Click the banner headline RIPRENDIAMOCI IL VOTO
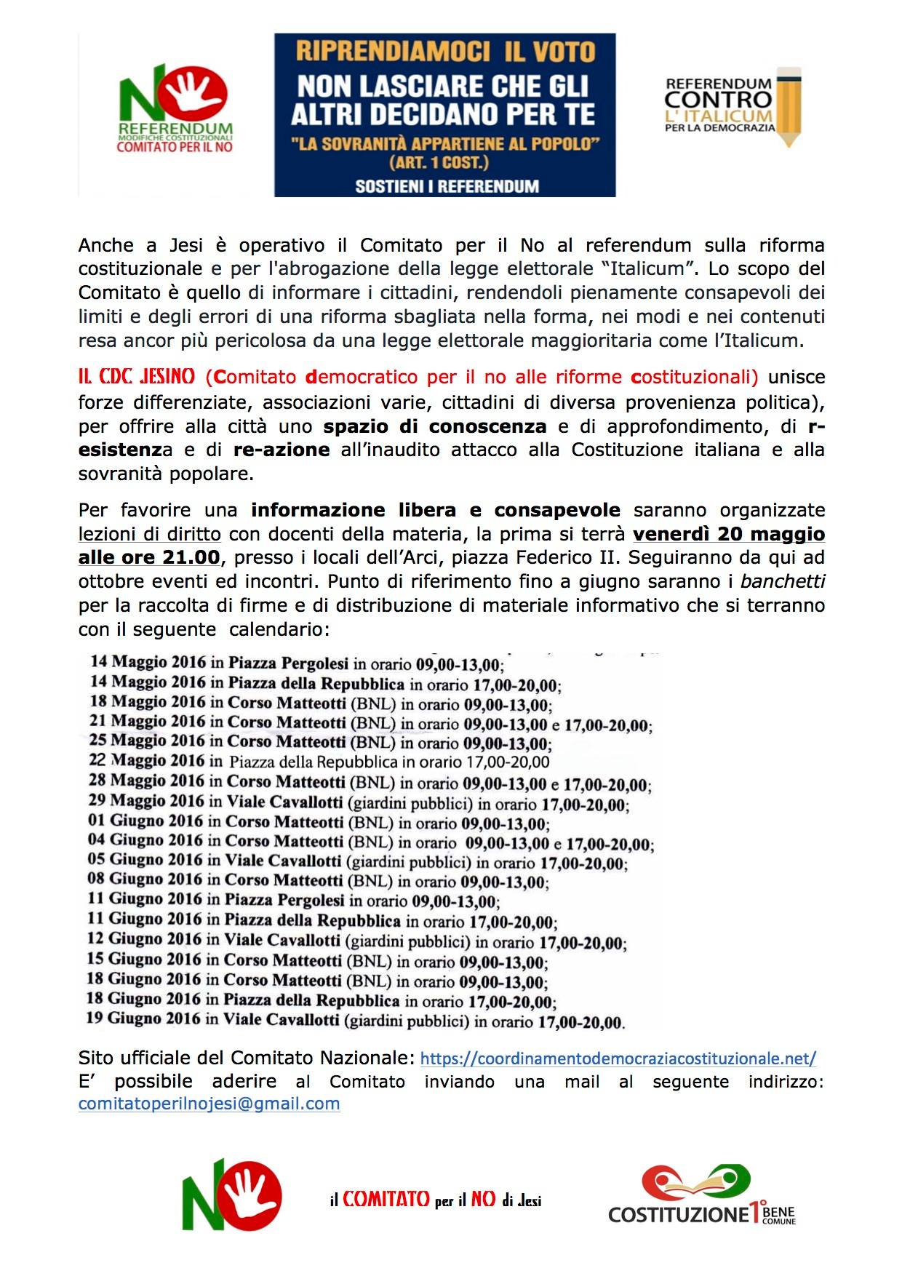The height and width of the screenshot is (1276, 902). coord(445,51)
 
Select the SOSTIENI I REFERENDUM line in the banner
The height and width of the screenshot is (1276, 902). coord(447,186)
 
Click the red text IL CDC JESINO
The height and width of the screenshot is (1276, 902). coord(137,377)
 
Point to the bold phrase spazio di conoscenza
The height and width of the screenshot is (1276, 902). coord(435,426)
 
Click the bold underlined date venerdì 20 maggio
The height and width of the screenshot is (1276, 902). coord(728,534)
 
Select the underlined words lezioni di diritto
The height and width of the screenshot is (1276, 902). coord(150,534)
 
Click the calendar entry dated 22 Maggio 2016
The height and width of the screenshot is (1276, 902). coord(319,762)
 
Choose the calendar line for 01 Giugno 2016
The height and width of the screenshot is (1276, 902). coord(319,823)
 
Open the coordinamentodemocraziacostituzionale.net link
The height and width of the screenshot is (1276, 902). coord(618,1058)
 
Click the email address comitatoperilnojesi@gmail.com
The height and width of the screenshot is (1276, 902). coord(209,1104)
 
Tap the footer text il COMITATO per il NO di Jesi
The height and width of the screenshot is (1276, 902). coord(436,1200)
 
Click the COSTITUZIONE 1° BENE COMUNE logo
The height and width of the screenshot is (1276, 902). coord(701,1196)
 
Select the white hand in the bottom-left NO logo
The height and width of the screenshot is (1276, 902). coord(252,1191)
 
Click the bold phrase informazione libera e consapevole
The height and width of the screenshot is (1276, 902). coord(436,510)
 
